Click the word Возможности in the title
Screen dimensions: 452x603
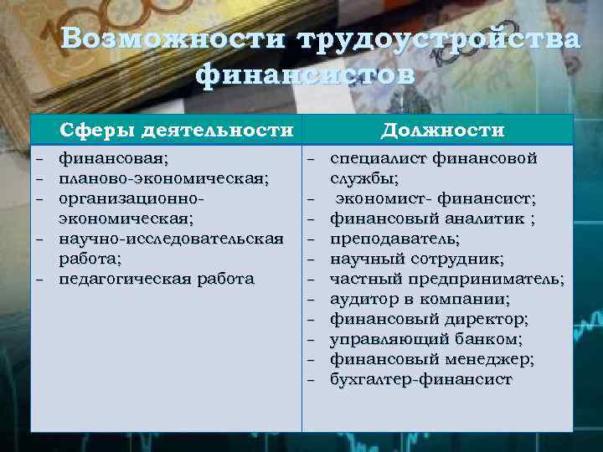point(167,40)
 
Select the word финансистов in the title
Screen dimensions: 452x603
point(305,75)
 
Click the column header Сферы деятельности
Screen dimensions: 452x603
point(176,131)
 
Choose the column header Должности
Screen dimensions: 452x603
point(442,131)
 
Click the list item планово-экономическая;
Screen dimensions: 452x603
point(163,178)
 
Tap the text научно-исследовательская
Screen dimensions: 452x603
point(171,239)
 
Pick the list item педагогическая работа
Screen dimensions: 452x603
point(156,279)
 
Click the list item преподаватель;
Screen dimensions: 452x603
point(394,239)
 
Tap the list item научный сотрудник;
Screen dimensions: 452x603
point(416,259)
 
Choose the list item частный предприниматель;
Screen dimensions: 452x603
point(446,279)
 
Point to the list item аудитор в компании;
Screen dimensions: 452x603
point(420,299)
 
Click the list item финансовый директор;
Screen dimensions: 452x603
point(429,319)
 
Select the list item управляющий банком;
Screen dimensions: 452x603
point(425,339)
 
